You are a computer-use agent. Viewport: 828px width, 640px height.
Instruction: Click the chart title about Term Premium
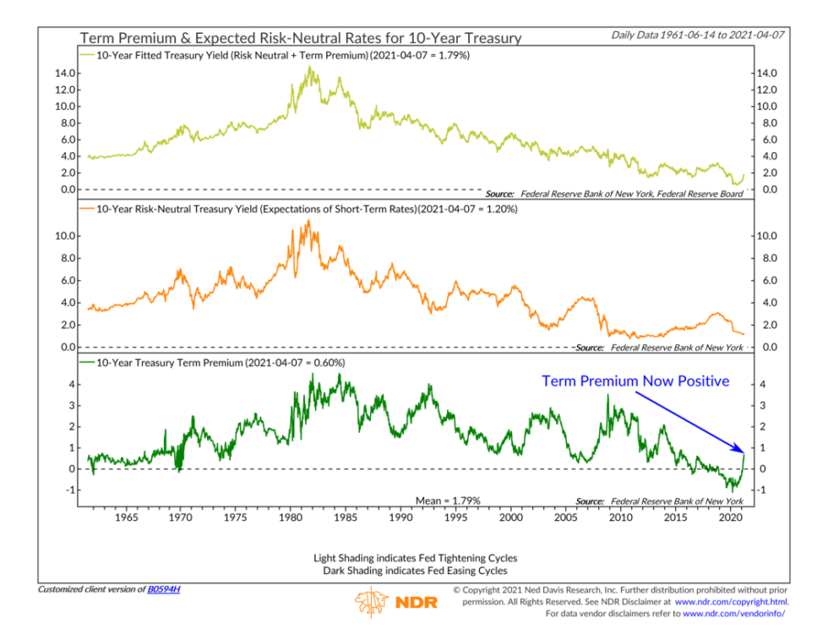coord(300,38)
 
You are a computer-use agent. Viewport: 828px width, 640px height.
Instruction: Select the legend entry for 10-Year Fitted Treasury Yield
coord(279,55)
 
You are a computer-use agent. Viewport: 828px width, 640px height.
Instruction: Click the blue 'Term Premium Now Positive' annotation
coord(635,381)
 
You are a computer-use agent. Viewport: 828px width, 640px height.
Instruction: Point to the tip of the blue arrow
coord(744,451)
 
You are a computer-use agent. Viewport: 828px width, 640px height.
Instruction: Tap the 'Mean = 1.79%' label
coord(448,501)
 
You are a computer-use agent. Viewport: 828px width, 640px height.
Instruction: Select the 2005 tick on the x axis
coord(565,517)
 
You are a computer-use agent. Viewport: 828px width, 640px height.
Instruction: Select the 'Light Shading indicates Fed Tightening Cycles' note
coord(414,558)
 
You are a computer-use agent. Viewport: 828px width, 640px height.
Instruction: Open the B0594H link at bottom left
coord(163,588)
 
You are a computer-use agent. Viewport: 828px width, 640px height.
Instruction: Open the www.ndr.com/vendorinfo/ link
coord(733,614)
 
